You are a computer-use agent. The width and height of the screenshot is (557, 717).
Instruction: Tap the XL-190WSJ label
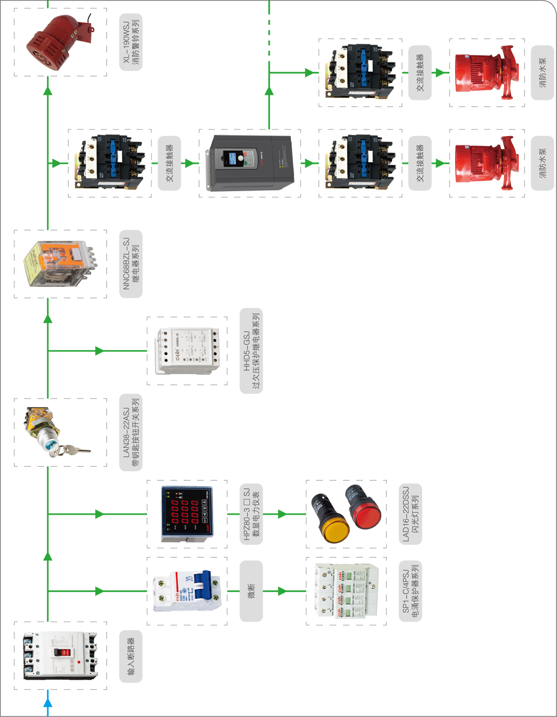[131, 42]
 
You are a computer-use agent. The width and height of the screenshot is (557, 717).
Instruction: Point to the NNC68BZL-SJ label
[131, 264]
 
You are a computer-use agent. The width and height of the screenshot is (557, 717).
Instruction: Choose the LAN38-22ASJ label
[131, 432]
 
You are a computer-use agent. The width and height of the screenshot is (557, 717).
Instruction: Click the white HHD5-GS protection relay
[187, 351]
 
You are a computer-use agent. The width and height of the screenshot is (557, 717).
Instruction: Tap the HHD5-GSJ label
[251, 351]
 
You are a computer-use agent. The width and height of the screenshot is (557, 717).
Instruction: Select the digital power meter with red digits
[186, 513]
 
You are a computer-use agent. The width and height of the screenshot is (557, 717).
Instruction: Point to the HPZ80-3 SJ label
[251, 513]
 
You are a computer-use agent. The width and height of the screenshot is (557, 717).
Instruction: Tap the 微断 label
[251, 591]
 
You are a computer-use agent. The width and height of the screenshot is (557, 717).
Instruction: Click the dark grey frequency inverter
[249, 163]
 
